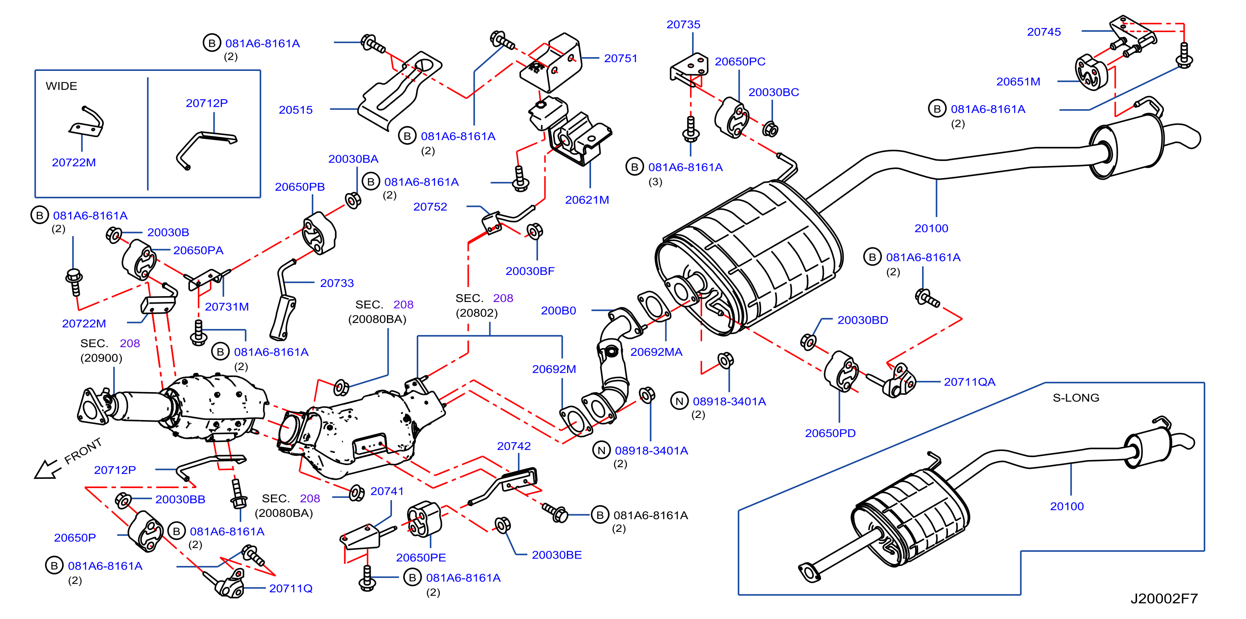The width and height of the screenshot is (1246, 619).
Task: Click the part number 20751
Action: pyautogui.click(x=621, y=58)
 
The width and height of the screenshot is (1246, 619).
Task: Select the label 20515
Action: pyautogui.click(x=296, y=110)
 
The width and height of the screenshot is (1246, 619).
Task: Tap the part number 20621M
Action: pyautogui.click(x=587, y=200)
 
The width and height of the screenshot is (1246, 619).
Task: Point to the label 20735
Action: pyautogui.click(x=683, y=25)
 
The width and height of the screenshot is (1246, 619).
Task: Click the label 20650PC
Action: pyautogui.click(x=740, y=62)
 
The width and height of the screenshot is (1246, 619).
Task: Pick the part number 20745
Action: pyautogui.click(x=1044, y=32)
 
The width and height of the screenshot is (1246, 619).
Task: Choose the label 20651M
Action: pyautogui.click(x=1018, y=82)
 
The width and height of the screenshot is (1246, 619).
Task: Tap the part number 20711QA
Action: pyautogui.click(x=970, y=382)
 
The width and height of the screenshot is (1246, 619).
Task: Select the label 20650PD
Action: pyautogui.click(x=831, y=433)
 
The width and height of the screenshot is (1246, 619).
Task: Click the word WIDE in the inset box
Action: pyautogui.click(x=61, y=86)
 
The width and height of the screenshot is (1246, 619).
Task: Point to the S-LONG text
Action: pyautogui.click(x=1076, y=398)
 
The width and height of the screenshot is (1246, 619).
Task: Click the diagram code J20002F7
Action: pyautogui.click(x=1164, y=598)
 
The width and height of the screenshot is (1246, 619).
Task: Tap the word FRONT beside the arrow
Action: pyautogui.click(x=83, y=451)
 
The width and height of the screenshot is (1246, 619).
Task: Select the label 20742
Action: pyautogui.click(x=514, y=446)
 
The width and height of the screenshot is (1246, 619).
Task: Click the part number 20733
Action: pyautogui.click(x=337, y=283)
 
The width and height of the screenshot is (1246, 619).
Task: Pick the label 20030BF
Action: pyautogui.click(x=530, y=271)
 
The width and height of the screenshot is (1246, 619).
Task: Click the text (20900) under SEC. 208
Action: pyautogui.click(x=101, y=358)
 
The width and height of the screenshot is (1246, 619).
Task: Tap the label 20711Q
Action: pyautogui.click(x=291, y=588)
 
